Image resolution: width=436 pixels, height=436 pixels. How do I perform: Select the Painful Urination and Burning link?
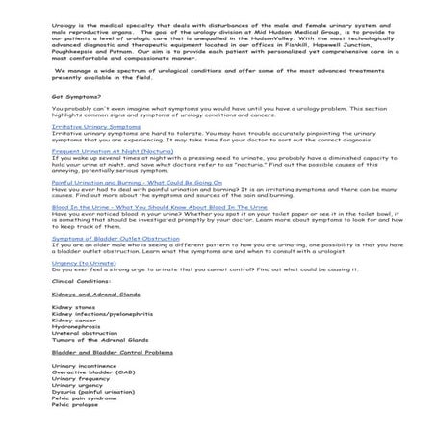123,208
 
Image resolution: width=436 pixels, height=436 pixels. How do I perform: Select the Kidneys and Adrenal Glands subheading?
95,321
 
